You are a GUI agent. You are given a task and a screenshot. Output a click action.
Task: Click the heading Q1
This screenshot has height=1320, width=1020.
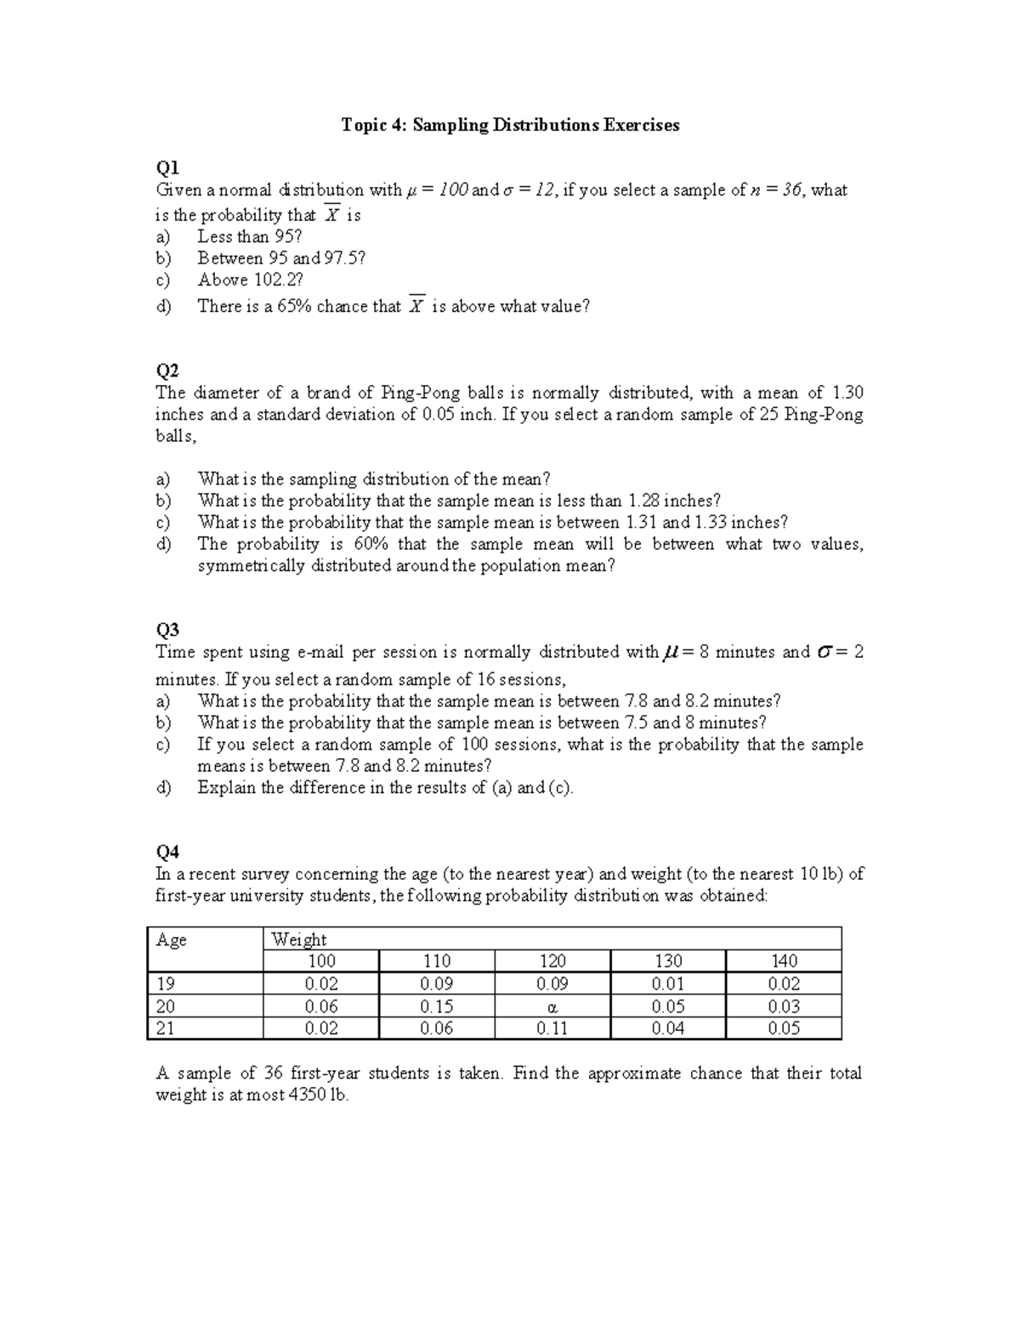167,167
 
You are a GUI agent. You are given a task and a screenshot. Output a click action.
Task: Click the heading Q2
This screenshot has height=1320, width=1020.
167,370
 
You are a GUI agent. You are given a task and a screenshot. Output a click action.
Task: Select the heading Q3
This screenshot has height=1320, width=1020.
167,629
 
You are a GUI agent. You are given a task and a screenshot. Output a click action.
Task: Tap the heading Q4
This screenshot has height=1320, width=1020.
167,851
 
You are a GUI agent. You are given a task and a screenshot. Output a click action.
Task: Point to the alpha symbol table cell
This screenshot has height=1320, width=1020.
552,1006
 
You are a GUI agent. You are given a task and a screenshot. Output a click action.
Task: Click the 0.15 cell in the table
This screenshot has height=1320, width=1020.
437,1006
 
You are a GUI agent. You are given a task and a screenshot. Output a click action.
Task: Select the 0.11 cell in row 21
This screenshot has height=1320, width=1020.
552,1028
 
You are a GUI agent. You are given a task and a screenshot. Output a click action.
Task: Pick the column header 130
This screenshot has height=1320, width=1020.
668,961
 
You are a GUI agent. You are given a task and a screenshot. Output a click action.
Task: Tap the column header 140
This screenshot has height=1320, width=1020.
784,961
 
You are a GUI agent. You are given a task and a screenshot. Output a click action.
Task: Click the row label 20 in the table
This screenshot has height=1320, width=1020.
166,1006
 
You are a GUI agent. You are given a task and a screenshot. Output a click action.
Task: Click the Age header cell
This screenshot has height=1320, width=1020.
172,940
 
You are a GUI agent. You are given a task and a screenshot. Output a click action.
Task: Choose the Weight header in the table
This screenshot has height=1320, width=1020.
298,940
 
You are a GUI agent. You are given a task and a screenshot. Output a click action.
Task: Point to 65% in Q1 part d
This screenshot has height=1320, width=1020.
293,307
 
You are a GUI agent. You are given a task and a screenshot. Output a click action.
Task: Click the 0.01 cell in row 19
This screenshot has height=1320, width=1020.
668,984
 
